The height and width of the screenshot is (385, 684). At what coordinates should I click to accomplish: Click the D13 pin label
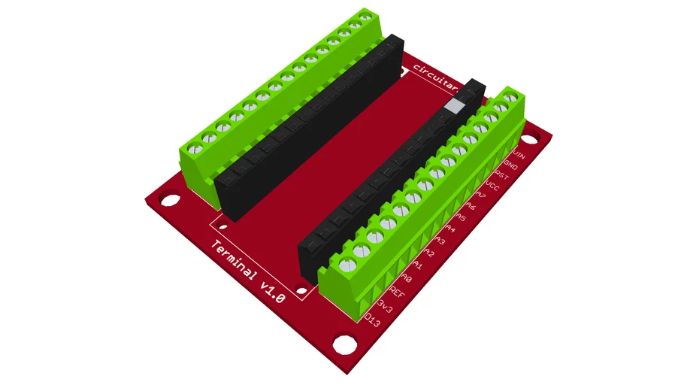pyautogui.click(x=372, y=321)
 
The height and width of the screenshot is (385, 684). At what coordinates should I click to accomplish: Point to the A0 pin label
pyautogui.click(x=413, y=277)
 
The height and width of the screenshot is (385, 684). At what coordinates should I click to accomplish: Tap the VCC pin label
pyautogui.click(x=493, y=184)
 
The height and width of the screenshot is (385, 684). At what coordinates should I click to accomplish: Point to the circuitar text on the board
pyautogui.click(x=440, y=80)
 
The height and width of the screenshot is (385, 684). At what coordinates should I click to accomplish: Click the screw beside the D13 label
pyautogui.click(x=347, y=264)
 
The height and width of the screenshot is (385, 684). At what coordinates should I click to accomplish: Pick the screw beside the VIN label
pyautogui.click(x=513, y=97)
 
